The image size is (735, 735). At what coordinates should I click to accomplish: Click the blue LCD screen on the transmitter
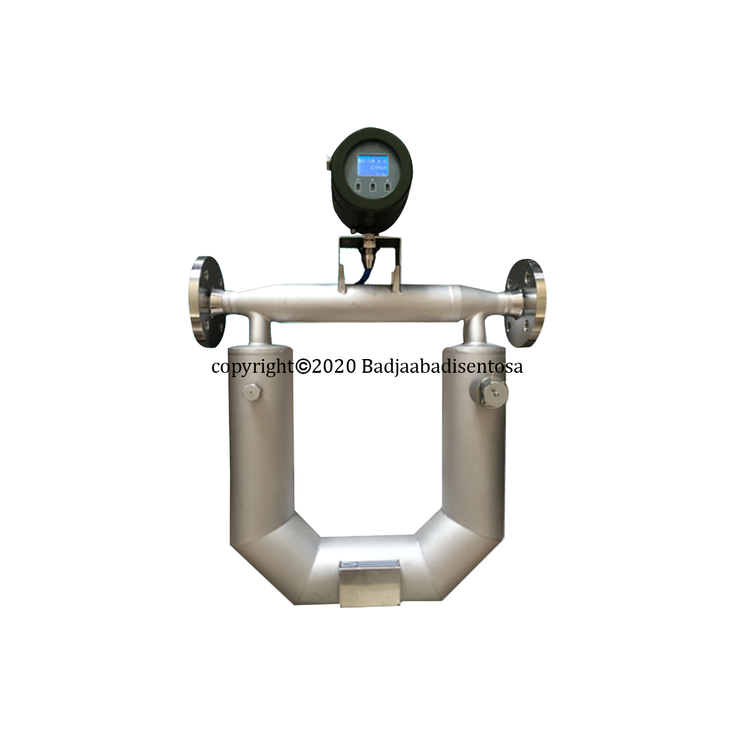point(372,167)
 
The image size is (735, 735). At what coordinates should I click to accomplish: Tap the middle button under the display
point(372,186)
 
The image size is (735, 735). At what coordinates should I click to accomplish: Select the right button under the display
point(387,186)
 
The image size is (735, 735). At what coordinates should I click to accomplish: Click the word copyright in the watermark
point(252,367)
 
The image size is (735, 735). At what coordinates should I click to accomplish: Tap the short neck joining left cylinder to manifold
point(260,330)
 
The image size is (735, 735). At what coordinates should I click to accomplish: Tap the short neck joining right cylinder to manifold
point(476,329)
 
